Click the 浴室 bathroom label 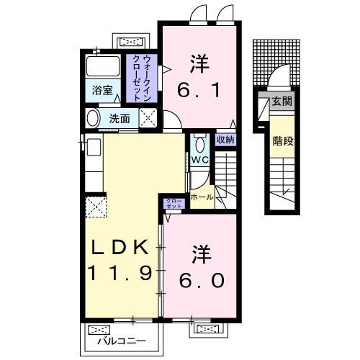coord(102,91)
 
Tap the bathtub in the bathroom coord(103,66)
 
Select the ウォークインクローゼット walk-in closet coord(142,78)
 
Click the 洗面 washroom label coord(120,119)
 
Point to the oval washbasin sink coord(93,118)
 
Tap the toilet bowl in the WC coord(199,145)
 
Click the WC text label coord(200,160)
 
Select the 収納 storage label coord(225,139)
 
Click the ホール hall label coord(202,197)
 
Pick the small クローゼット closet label coord(174,204)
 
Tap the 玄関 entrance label coord(282,102)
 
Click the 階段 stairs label coord(283,141)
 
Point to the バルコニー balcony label coord(122,341)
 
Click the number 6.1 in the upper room coord(199,90)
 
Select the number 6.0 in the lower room coord(202,281)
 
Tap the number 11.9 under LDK coord(120,273)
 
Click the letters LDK coord(120,247)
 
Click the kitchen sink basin coord(94,148)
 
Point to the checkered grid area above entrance coord(276,63)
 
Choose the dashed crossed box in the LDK coord(96,207)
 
